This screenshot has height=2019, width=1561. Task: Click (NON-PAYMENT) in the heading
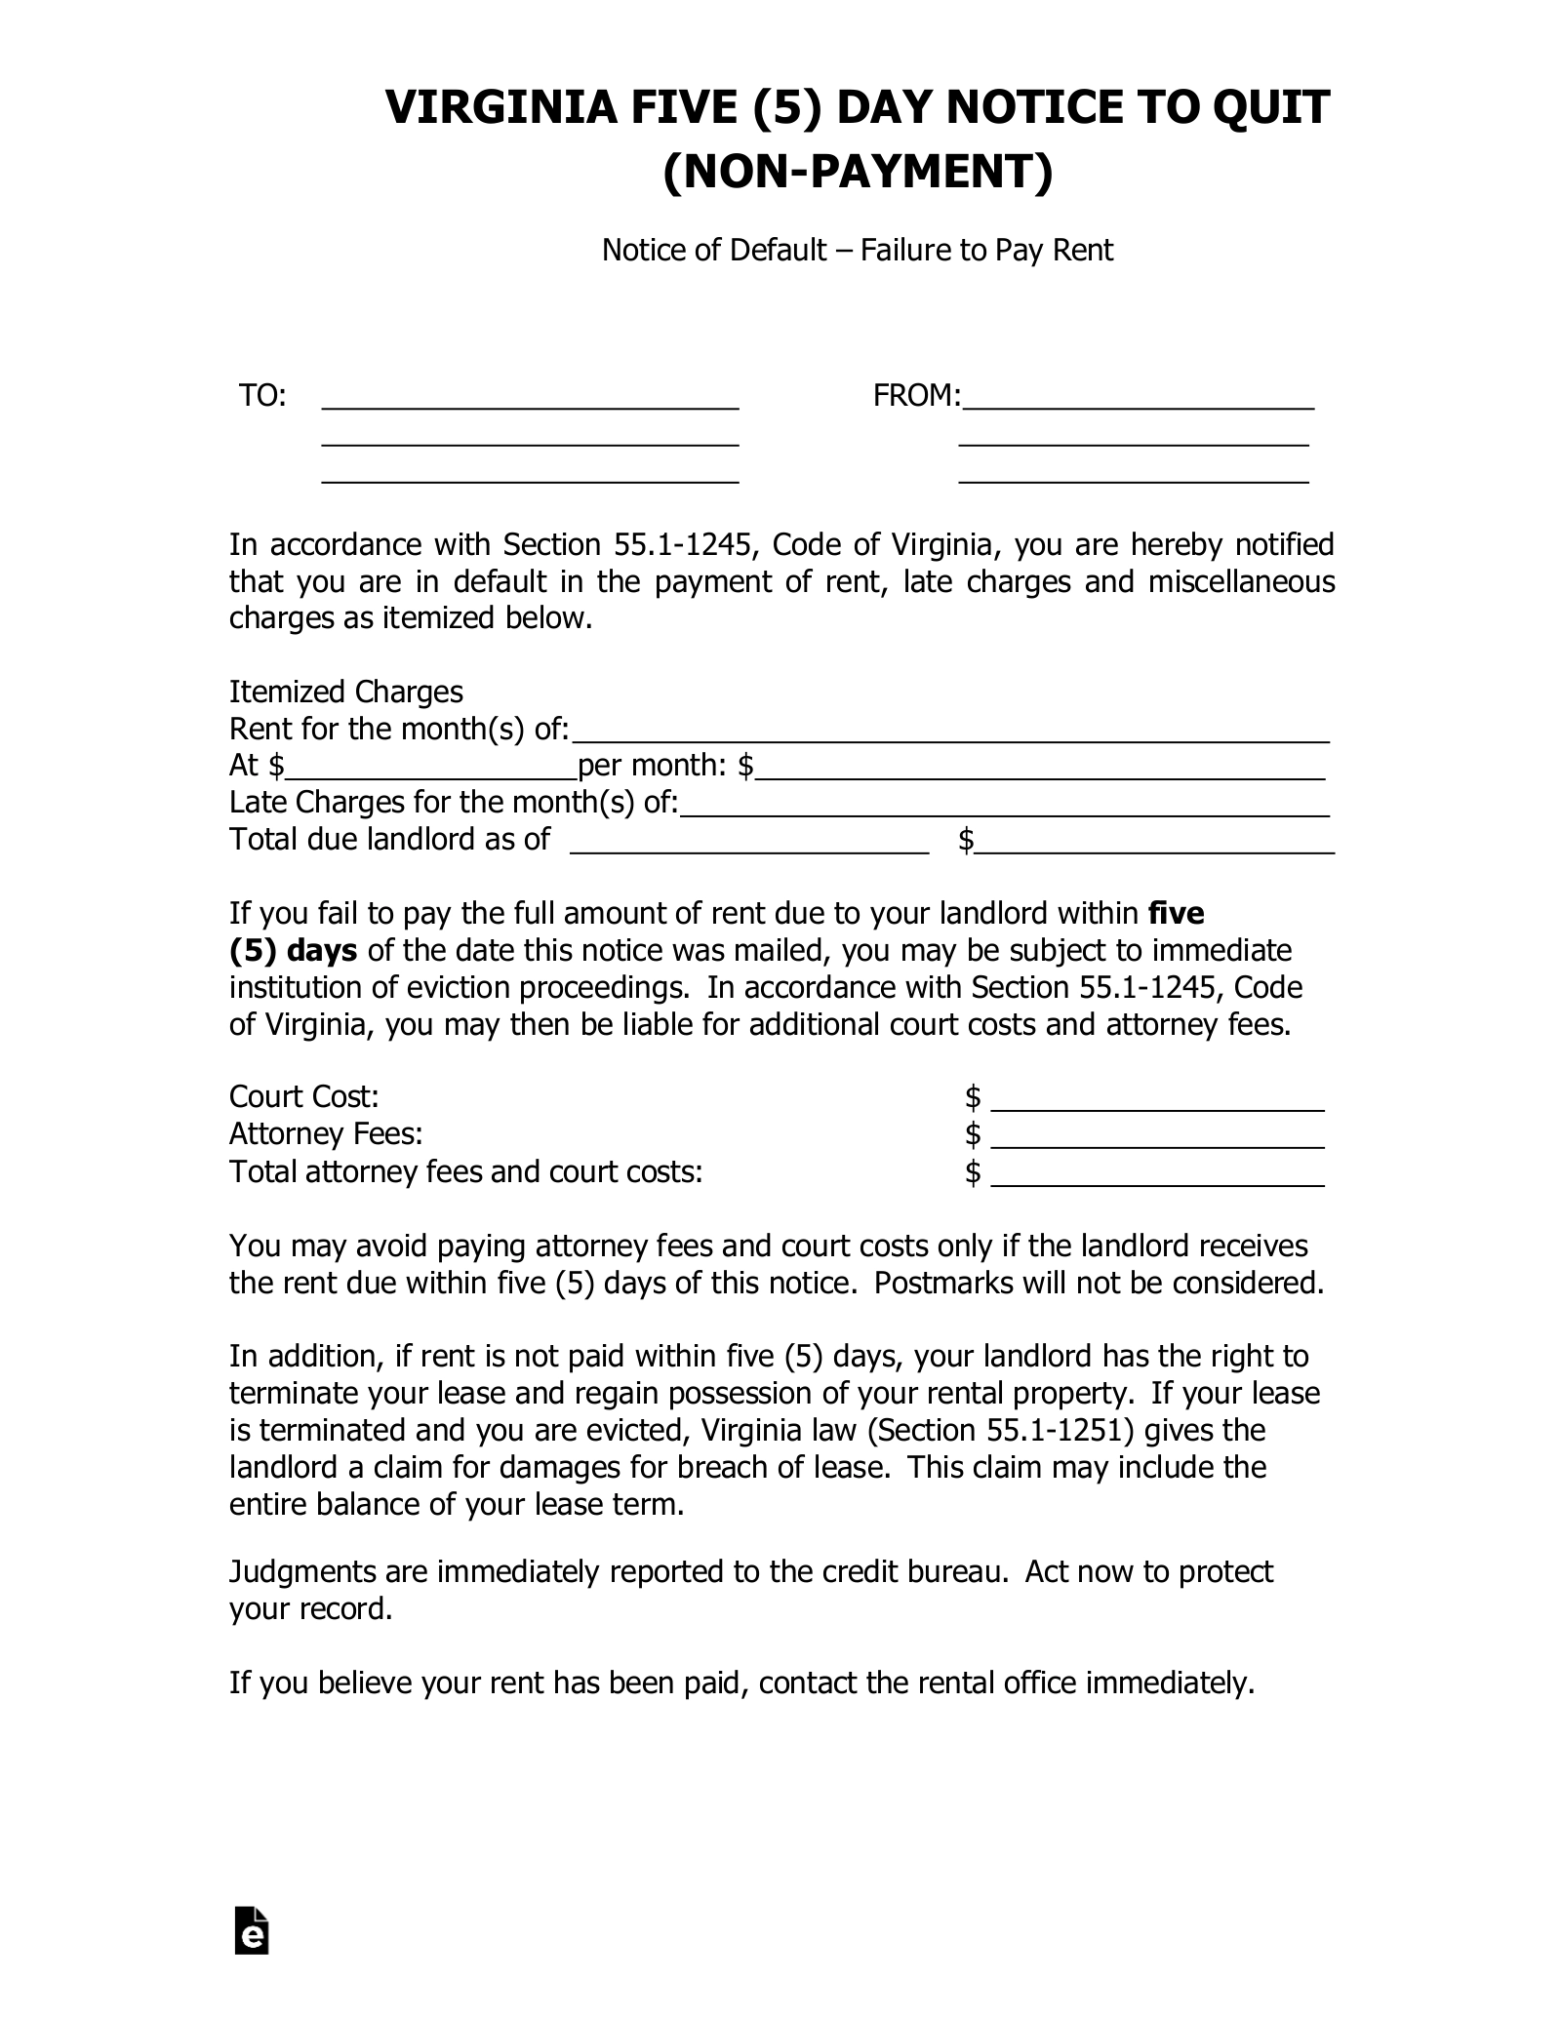[858, 173]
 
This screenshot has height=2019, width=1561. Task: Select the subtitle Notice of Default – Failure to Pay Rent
[857, 251]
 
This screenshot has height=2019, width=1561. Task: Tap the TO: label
[262, 396]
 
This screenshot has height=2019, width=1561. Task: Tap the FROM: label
[916, 396]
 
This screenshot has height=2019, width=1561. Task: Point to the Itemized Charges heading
[345, 693]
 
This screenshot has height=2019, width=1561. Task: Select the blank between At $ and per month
[430, 771]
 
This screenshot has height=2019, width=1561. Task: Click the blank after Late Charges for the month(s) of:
[1004, 808]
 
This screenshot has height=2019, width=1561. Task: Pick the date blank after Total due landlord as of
[748, 845]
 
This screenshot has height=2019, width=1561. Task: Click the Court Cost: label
[303, 1097]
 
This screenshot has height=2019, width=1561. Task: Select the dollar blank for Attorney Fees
[1157, 1139]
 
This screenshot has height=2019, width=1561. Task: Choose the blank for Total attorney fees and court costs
[1157, 1176]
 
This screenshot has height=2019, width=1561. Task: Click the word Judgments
[302, 1572]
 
